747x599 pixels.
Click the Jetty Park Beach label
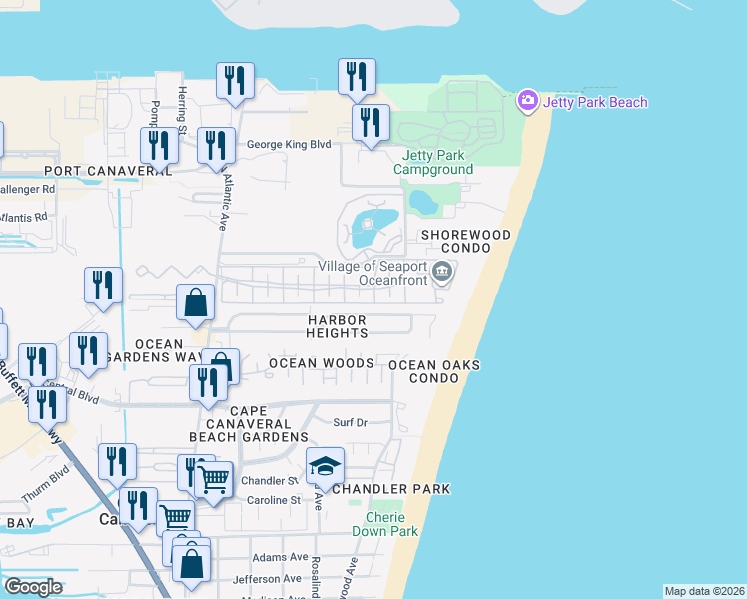pos(595,102)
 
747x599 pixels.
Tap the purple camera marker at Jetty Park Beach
pos(527,101)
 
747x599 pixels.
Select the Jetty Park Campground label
pos(433,162)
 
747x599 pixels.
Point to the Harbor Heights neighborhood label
pos(338,326)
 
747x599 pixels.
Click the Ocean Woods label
pos(322,363)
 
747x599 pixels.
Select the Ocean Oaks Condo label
pos(434,372)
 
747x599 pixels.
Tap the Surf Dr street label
pos(351,422)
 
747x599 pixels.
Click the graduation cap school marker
pos(325,466)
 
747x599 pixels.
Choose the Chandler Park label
pos(390,489)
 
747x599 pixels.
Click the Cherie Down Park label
pos(384,524)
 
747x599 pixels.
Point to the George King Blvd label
pos(289,144)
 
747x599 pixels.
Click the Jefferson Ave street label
pos(267,578)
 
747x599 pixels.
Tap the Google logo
pos(34,587)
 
